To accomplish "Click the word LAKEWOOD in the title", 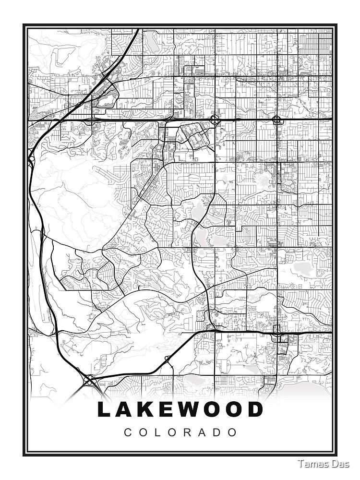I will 180,409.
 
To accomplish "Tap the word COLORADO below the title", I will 180,432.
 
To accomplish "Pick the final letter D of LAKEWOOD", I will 256,409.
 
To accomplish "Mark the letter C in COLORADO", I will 128,432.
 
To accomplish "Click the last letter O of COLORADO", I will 233,432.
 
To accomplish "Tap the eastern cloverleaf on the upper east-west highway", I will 277,119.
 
